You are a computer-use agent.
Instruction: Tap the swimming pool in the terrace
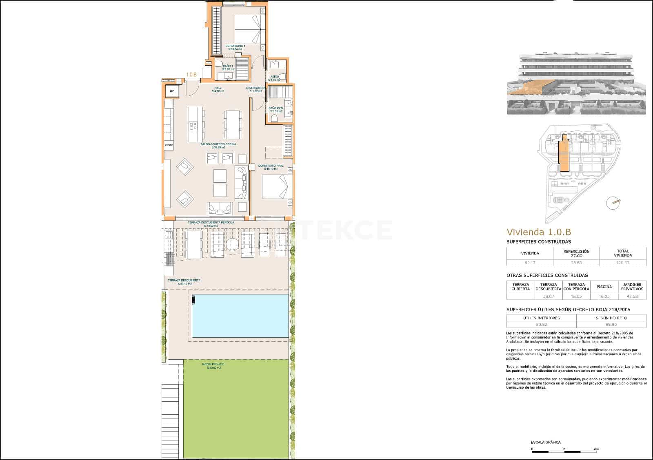click(240, 316)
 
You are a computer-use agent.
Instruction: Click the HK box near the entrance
click(172, 91)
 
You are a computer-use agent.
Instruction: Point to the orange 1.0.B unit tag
click(191, 75)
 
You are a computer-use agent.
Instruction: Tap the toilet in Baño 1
click(219, 64)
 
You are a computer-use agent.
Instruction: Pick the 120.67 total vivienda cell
click(622, 263)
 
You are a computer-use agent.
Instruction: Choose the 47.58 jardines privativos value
click(632, 296)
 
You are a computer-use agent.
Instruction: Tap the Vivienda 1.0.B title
click(539, 232)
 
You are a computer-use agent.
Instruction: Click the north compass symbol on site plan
click(613, 202)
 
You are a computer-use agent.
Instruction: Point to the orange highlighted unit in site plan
click(564, 155)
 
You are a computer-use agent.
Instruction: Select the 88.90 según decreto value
click(611, 325)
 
